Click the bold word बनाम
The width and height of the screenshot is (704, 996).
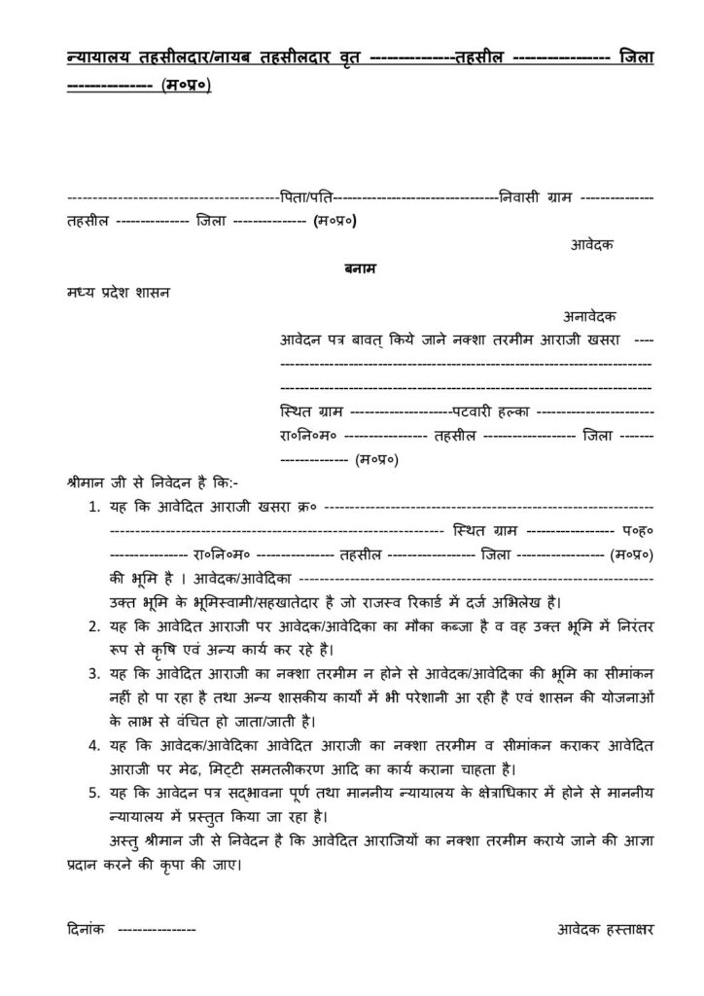(352, 267)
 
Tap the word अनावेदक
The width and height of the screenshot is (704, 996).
(588, 316)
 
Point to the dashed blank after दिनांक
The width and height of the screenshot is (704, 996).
(156, 930)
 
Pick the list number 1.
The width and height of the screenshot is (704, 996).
(93, 508)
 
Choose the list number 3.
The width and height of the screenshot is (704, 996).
(93, 673)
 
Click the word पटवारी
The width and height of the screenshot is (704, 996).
(472, 411)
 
